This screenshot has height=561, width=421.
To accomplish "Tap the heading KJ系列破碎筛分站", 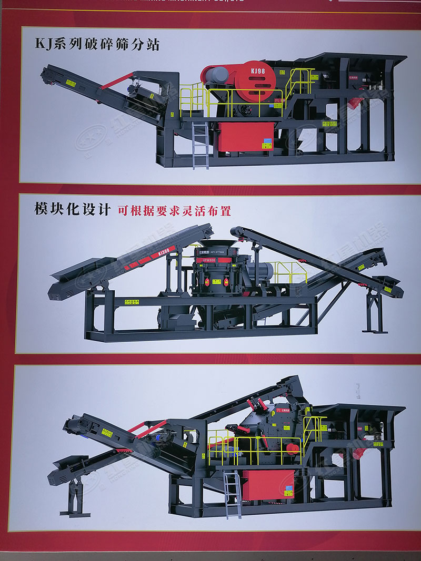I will point(97,43).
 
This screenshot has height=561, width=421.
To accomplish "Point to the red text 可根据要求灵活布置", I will point(174,210).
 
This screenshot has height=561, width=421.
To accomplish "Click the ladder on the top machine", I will point(201,145).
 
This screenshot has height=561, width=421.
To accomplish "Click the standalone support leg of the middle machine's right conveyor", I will point(375,313).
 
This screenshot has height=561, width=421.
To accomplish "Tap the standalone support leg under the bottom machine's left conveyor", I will point(74,497).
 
